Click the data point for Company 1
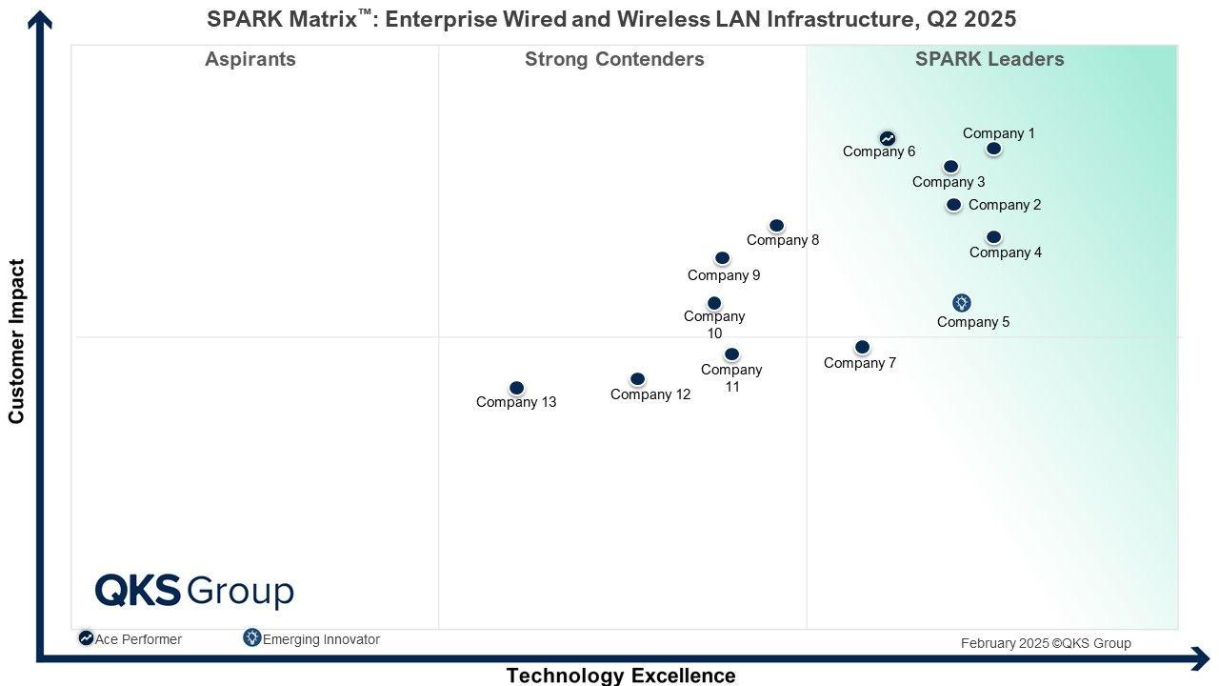[x=993, y=149]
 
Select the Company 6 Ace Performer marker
[x=888, y=139]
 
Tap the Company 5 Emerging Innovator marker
[x=962, y=303]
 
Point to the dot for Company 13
[x=516, y=388]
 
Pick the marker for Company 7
[x=862, y=347]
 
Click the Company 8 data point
[x=776, y=226]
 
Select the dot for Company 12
[x=637, y=379]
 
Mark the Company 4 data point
[x=993, y=237]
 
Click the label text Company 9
[x=724, y=275]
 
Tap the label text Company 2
[x=1005, y=205]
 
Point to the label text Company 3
[x=949, y=182]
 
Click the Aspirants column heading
[x=250, y=59]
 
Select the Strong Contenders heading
[x=614, y=59]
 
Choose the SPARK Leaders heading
[x=989, y=59]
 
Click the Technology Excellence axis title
[x=621, y=676]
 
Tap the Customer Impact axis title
[x=16, y=341]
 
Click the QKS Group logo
[x=194, y=591]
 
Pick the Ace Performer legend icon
[x=86, y=638]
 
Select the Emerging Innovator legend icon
[x=252, y=638]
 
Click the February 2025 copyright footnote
[x=1046, y=643]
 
